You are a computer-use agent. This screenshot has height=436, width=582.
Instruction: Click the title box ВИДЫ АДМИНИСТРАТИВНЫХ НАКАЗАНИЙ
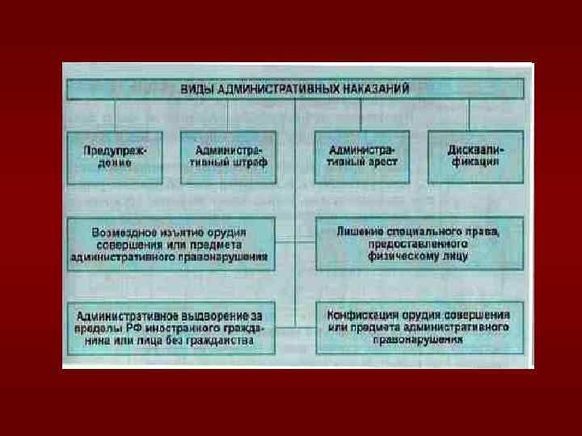point(295,87)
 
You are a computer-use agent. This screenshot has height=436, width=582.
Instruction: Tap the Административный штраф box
point(229,156)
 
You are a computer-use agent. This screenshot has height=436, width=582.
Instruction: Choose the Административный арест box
point(363,156)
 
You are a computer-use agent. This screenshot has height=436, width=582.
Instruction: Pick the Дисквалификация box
point(473,156)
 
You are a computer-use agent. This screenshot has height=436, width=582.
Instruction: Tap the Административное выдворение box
point(169,327)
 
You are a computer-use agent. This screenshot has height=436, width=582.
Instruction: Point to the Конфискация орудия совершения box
point(418,327)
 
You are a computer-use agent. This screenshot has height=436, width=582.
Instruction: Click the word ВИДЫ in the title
point(196,87)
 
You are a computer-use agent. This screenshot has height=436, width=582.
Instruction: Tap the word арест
point(380,162)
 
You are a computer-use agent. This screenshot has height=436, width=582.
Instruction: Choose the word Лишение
point(359,232)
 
